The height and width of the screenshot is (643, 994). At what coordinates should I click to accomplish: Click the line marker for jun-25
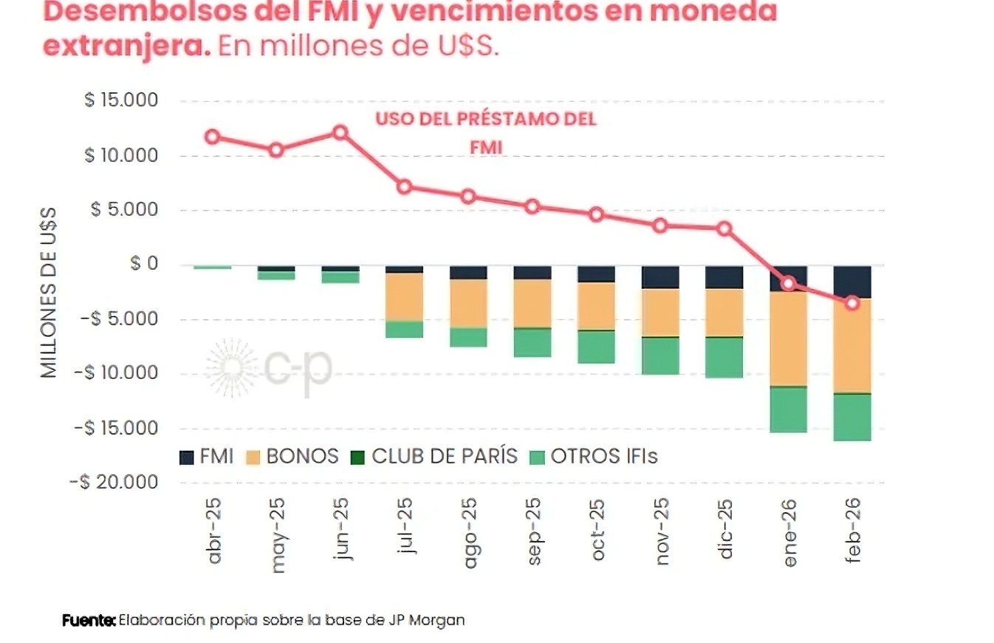coord(340,133)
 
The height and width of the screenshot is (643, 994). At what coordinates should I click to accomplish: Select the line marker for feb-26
coord(852,303)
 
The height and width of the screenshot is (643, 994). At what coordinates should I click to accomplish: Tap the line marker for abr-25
coord(213,137)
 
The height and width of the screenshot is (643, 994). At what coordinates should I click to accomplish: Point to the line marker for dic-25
coord(724,228)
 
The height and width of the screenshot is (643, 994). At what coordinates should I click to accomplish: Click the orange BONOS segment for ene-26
coord(789,338)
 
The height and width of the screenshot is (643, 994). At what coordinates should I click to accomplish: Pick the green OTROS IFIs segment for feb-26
coord(852,417)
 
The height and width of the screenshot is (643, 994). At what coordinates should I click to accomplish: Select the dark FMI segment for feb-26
coord(852,282)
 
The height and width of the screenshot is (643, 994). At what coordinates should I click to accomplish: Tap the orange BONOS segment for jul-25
coord(405,296)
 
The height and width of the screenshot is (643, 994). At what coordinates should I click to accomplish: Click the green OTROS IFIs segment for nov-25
coord(660,355)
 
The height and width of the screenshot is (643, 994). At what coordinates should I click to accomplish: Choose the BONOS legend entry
coord(292,457)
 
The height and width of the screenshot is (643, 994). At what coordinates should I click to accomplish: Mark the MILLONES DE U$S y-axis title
coord(49,292)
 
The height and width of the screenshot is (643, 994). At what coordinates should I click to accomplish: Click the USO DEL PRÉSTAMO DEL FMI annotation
coord(485,134)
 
